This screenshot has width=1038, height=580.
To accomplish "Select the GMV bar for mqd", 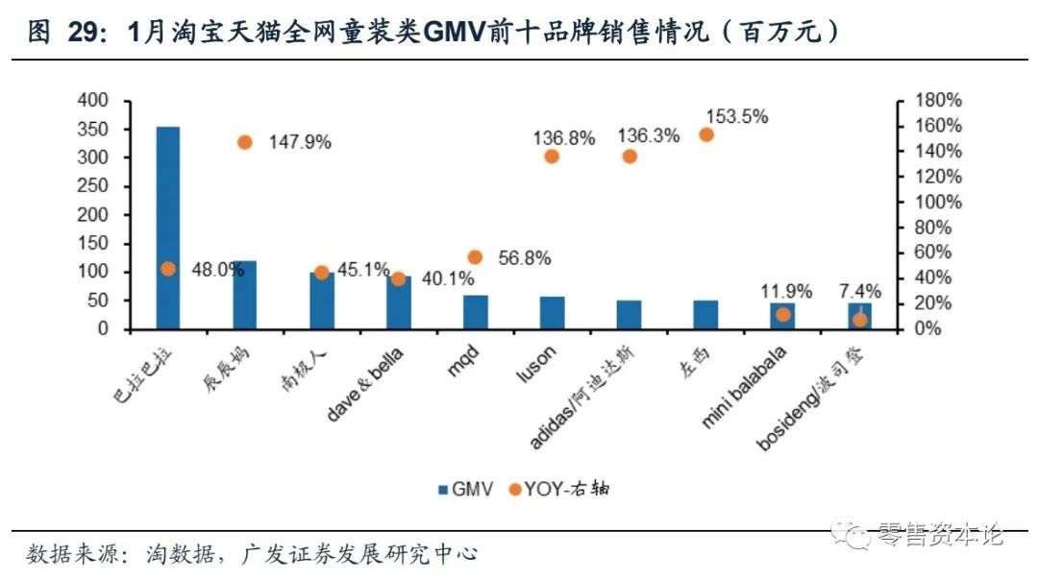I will coord(476,312).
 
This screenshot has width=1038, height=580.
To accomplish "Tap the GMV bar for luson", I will coord(553,313).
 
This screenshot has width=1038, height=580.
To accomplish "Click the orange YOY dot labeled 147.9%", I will coord(245,142).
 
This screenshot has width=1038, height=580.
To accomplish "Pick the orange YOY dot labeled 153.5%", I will coord(706,134).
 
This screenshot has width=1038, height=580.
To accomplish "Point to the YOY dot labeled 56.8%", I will coord(475,257).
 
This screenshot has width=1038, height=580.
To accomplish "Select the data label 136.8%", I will coord(564,137).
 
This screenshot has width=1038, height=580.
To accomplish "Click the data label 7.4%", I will coord(859,291).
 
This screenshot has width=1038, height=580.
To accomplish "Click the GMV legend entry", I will coord(465,489).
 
